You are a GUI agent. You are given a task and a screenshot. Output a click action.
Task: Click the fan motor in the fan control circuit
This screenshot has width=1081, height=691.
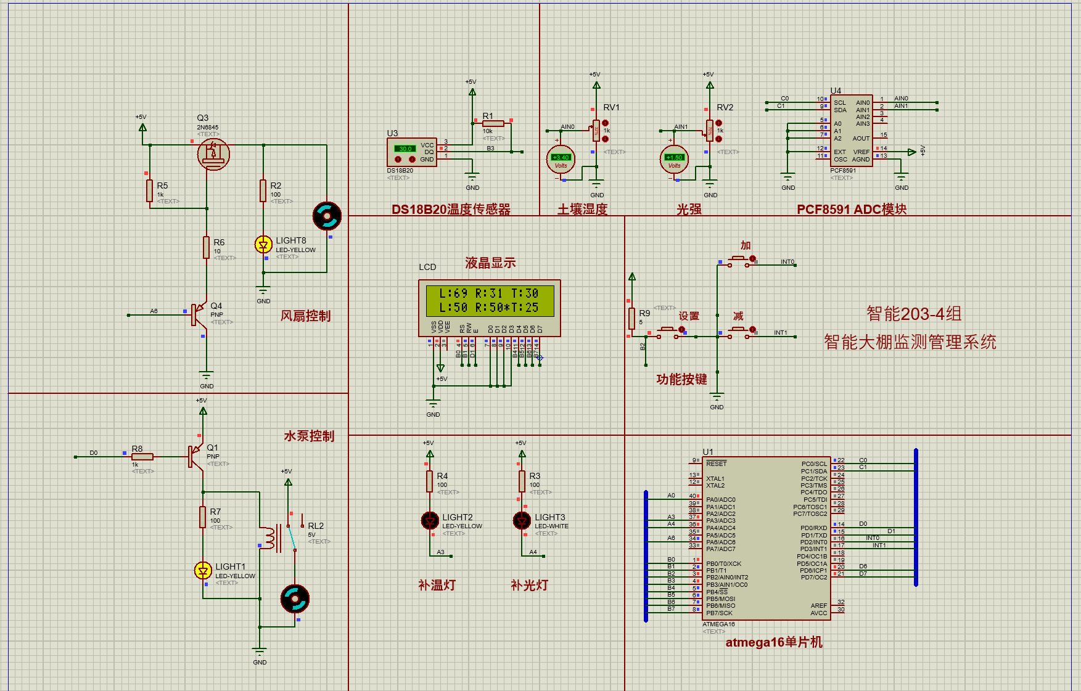[x=327, y=216]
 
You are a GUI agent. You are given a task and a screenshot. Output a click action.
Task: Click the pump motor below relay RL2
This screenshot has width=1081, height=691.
[x=295, y=599]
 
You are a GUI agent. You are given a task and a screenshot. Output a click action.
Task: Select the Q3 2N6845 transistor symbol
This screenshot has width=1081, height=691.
[x=213, y=154]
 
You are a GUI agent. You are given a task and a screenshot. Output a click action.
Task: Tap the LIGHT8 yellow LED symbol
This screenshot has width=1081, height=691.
[x=263, y=245]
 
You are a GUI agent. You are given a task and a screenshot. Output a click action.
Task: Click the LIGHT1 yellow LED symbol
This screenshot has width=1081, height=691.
[x=203, y=571]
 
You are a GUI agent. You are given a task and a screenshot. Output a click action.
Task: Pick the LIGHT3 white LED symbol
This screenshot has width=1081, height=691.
[x=522, y=521]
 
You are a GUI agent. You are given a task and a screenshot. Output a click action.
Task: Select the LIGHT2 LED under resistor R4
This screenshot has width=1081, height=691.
[x=430, y=521]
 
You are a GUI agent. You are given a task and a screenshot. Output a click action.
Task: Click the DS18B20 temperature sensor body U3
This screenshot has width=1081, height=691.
[x=412, y=152]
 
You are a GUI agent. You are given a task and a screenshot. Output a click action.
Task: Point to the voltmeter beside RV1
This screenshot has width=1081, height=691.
[x=561, y=160]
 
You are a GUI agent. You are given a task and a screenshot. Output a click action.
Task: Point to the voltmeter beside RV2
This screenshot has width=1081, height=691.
[x=674, y=160]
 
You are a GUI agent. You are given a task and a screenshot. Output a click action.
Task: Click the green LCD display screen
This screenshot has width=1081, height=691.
[x=490, y=300]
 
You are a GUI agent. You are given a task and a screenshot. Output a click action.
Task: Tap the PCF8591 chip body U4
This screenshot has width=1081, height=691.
[x=851, y=131]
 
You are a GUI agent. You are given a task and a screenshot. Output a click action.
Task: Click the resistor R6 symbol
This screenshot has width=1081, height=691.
[x=207, y=247]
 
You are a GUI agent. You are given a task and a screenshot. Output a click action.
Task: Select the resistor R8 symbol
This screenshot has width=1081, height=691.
[x=142, y=457]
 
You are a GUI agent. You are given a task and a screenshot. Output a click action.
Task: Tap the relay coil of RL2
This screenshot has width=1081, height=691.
[x=269, y=538]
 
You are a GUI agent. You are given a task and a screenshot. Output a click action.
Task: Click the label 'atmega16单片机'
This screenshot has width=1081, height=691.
[x=773, y=642]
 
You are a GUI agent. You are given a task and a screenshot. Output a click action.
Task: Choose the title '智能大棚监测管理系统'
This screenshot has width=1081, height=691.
[x=910, y=342]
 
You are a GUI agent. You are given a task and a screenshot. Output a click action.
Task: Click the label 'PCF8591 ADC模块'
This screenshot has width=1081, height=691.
[x=851, y=210]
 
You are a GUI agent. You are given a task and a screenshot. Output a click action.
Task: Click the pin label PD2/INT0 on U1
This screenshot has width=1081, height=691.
[x=813, y=542]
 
